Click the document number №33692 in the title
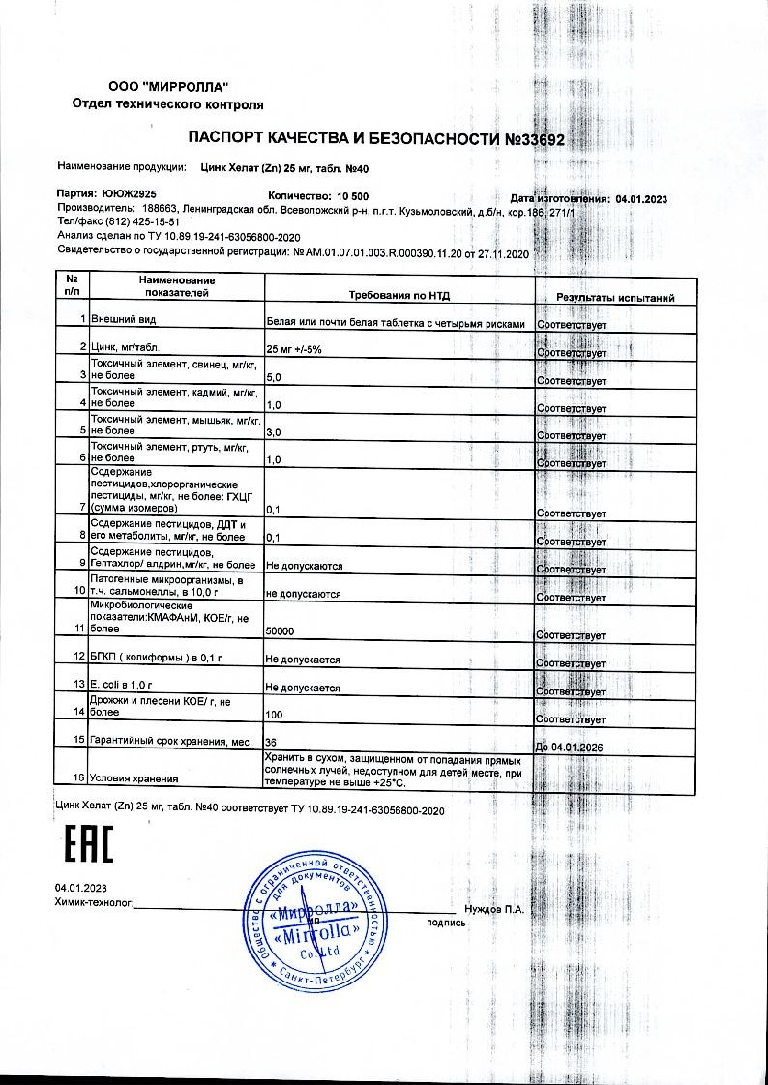(x=535, y=139)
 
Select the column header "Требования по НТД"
(x=399, y=296)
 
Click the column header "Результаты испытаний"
(x=615, y=298)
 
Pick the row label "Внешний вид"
(x=123, y=318)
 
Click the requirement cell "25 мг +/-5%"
(x=296, y=349)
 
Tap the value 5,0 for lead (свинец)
(x=273, y=376)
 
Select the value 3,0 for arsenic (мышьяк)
(x=273, y=431)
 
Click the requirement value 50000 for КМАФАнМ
(x=281, y=630)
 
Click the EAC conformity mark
(x=87, y=844)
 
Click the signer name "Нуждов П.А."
(x=494, y=909)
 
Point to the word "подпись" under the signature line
(x=446, y=923)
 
